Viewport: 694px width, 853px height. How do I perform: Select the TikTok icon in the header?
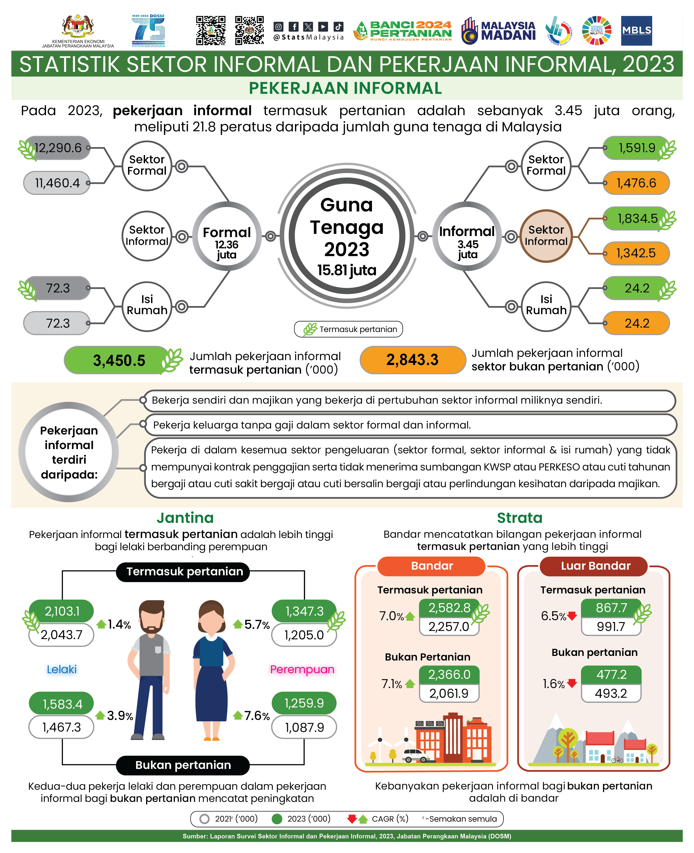click(x=338, y=27)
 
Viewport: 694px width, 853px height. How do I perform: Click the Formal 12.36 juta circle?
click(x=227, y=236)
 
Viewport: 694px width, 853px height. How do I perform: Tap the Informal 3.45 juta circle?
click(x=467, y=236)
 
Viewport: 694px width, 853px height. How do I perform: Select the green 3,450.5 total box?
click(x=119, y=360)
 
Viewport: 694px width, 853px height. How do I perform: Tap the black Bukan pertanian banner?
click(x=183, y=765)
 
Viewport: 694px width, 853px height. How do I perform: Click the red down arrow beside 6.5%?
click(x=572, y=616)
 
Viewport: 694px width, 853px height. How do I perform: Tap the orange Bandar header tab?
click(x=432, y=566)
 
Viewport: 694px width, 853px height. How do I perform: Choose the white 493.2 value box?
click(x=611, y=693)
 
